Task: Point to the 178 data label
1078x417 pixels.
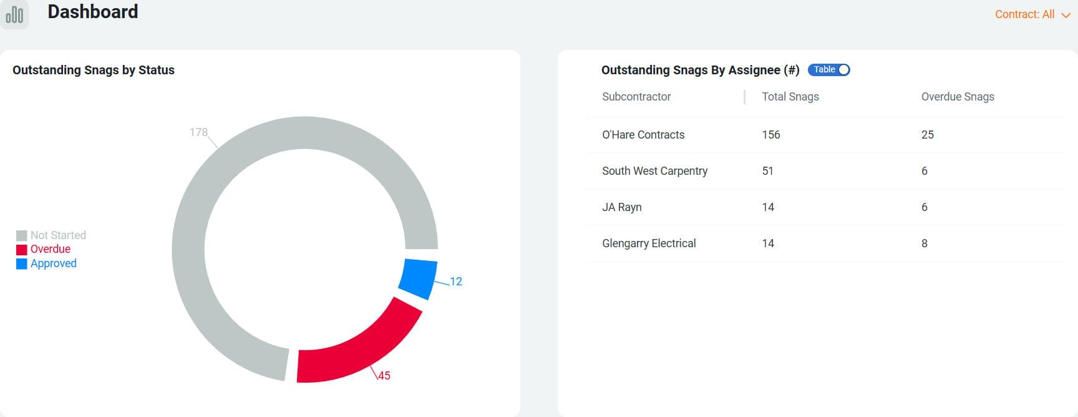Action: pos(198,132)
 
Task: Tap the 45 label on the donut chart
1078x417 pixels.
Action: pos(384,376)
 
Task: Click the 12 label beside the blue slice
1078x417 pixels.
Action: pos(456,282)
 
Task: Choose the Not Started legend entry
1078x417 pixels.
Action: pos(52,235)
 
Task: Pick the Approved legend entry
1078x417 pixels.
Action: pos(47,263)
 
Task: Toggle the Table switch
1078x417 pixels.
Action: pos(829,70)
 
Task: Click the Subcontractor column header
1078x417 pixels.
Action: pos(636,97)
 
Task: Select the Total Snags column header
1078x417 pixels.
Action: pos(790,97)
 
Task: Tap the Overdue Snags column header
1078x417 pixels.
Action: pos(958,97)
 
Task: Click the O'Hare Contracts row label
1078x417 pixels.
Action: pos(643,135)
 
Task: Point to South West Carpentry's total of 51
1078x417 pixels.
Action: pos(768,171)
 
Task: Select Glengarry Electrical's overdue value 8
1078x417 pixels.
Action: pos(925,243)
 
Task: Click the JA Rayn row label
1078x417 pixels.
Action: pos(622,207)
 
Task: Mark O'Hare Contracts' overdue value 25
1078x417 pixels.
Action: pos(928,135)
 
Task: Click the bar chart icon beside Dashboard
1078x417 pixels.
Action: pos(14,14)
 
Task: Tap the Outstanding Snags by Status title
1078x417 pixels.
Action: pos(94,70)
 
